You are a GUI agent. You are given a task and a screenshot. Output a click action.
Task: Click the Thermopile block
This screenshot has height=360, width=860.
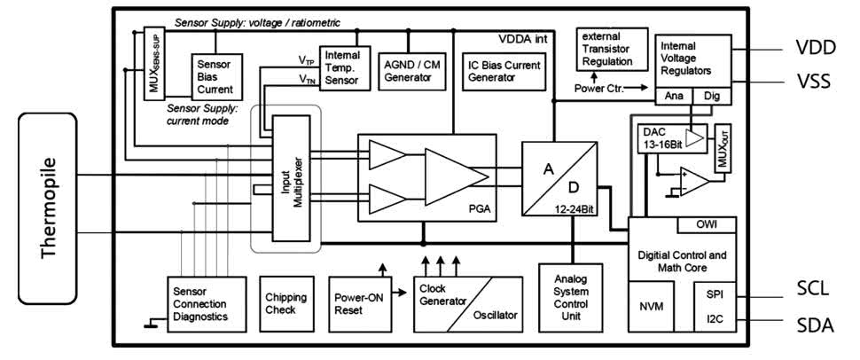tap(50, 208)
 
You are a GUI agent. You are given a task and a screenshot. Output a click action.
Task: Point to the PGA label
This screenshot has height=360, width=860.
tap(481, 211)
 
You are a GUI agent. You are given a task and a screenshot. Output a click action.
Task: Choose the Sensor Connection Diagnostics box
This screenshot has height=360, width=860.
tap(206, 303)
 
